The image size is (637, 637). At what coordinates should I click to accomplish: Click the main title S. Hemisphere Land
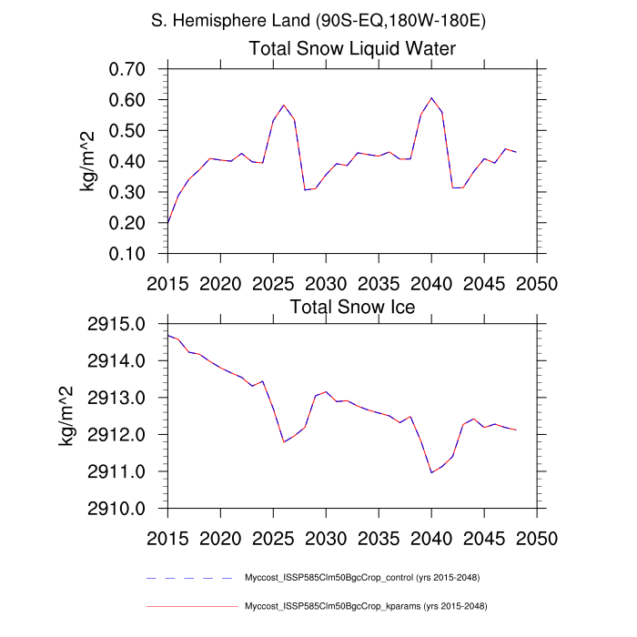pos(318,19)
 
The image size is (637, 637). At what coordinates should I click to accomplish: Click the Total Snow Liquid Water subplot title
pos(352,48)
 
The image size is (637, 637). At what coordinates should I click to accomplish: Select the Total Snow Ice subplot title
pos(352,307)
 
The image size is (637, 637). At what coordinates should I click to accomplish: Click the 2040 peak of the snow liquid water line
pos(431,97)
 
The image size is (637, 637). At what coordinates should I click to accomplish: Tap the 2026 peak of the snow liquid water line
pos(284,106)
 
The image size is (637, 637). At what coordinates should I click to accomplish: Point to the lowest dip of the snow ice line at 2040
pos(431,472)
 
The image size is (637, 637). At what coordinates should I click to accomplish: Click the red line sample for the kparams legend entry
pos(190,605)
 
